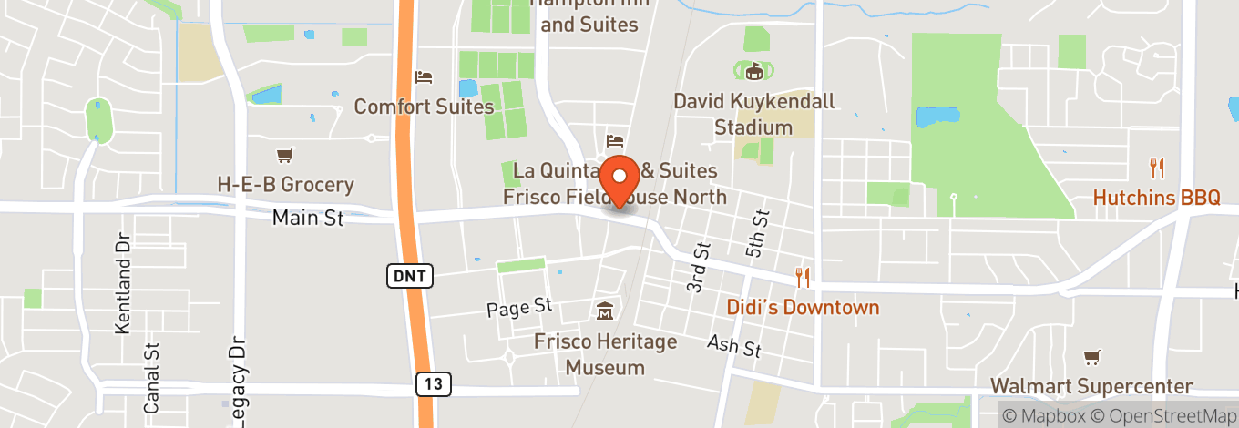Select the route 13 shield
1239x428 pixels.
pos(433,384)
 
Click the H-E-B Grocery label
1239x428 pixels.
pos(285,185)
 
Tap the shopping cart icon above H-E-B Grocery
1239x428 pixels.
pos(285,156)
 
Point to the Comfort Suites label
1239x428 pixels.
pos(424,107)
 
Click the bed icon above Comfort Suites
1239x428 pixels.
pos(423,77)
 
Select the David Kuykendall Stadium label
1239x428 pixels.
pos(753,114)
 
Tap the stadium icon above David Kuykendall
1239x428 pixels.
pos(753,71)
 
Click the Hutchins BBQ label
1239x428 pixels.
pos(1156,198)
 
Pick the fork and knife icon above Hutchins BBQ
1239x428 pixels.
pos(1157,168)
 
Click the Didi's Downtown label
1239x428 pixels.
pos(803,307)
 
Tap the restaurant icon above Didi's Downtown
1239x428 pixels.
pos(803,276)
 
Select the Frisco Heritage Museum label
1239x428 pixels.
pos(605,355)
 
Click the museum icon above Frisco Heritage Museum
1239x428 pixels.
pos(604,313)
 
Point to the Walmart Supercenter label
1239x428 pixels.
pos(1091,387)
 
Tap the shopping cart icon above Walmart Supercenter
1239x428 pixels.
pos(1091,357)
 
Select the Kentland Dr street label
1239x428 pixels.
pos(124,283)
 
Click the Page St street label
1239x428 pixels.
pos(520,308)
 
